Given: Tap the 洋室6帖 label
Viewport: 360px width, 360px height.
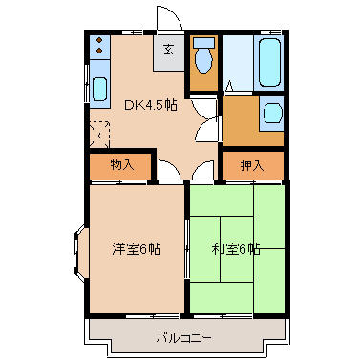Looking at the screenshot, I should pos(136,250).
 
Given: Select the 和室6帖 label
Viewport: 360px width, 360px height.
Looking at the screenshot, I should pos(235,250).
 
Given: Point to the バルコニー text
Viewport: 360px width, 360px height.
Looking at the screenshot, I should pos(183,337).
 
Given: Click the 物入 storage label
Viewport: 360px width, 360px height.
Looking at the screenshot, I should pos(121,164).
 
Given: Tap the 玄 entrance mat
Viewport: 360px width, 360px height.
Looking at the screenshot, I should pos(167,50).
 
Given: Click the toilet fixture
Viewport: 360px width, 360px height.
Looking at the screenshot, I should pos(201,59).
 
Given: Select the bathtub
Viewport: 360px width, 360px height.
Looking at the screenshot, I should pos(268,62).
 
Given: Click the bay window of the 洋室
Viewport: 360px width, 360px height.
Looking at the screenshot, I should pos(76,250).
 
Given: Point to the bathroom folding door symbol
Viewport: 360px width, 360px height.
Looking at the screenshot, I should pos(229,87).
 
